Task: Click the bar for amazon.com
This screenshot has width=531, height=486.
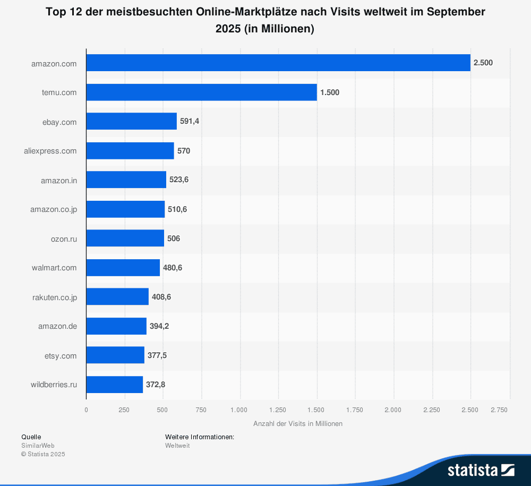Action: (x=278, y=63)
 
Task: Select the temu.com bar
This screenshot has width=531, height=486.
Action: (x=202, y=92)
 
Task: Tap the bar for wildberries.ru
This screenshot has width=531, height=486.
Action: (x=115, y=385)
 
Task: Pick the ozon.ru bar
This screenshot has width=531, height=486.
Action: (x=125, y=238)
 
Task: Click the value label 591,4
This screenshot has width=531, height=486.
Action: (x=190, y=122)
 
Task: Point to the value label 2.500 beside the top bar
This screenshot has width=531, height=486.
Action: (x=483, y=63)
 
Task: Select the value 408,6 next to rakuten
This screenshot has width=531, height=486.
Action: (x=161, y=297)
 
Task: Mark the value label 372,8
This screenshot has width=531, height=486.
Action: (x=156, y=385)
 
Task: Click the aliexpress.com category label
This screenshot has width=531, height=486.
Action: (x=50, y=151)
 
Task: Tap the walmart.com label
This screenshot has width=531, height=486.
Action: (x=54, y=268)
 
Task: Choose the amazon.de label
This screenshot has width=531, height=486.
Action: (x=57, y=326)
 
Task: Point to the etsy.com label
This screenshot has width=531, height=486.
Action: (x=61, y=355)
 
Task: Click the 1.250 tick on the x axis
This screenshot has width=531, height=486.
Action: (x=278, y=410)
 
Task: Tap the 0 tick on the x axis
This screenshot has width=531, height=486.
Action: (x=87, y=410)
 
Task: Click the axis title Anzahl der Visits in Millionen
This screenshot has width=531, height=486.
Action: (x=298, y=424)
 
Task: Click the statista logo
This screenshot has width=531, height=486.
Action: (x=481, y=470)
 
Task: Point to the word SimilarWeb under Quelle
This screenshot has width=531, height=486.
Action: (x=38, y=446)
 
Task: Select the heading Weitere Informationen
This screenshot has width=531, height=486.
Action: (x=200, y=437)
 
